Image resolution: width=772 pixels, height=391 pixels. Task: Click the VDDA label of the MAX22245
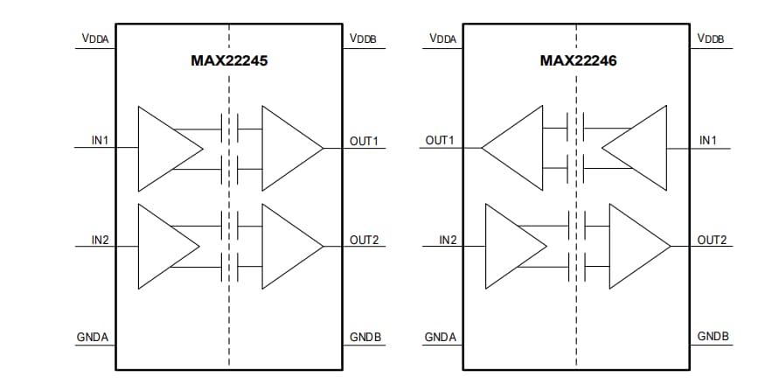[x=98, y=38]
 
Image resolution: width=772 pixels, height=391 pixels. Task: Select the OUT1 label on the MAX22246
[x=440, y=141]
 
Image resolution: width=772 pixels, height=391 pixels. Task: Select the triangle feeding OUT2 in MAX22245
[x=288, y=247]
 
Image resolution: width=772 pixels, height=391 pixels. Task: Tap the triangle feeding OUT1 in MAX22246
[x=517, y=149]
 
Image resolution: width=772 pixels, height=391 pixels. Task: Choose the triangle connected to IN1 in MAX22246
[x=638, y=149]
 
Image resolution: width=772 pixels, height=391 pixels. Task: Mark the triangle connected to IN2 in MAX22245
[x=164, y=247]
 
